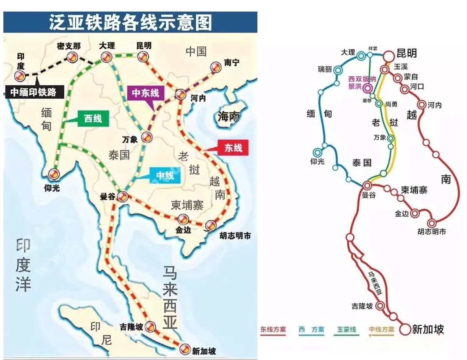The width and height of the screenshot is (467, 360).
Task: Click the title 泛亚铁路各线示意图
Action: coord(130,22)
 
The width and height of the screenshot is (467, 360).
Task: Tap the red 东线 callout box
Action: coord(233,148)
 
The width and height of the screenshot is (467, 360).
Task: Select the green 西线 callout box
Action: coord(93,118)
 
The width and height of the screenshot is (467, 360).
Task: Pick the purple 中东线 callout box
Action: coord(145,93)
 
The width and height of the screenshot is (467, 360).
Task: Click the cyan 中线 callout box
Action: coord(165,175)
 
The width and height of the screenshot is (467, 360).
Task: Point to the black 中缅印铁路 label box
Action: coord(34,92)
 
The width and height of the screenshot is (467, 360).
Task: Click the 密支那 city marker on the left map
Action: coord(72,57)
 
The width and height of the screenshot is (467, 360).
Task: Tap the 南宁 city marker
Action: coord(216,67)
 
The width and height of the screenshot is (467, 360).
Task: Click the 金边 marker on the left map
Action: coord(183,219)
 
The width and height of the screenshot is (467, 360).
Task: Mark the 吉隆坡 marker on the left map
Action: coord(150,327)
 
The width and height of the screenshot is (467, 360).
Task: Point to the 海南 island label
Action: coord(228,117)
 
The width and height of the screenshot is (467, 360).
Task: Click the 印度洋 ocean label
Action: coord(23,265)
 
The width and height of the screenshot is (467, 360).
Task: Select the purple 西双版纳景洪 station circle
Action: coord(368,88)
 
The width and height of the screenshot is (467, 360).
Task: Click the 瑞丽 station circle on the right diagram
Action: coord(338,70)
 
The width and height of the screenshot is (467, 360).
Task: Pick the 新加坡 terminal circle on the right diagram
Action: coord(405,329)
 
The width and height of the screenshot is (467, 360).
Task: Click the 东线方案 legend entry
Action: coord(273,330)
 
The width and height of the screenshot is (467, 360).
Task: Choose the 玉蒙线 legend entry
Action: coord(346,330)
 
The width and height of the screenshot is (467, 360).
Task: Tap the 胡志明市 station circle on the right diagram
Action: coord(431,223)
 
